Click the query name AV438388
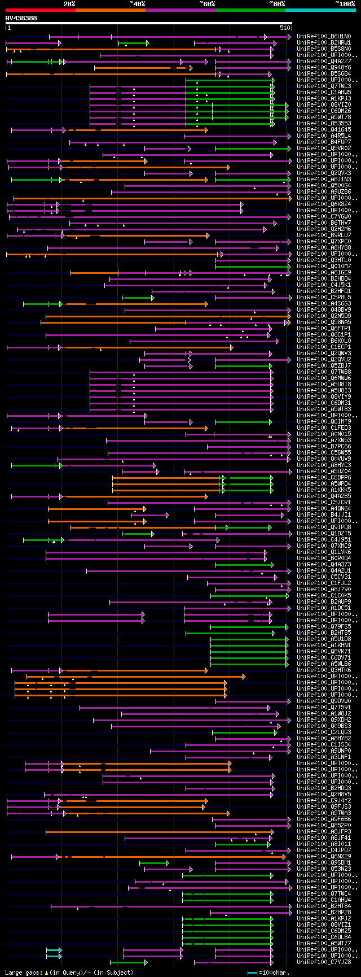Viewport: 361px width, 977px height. [21, 18]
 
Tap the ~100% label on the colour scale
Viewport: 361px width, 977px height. [344, 4]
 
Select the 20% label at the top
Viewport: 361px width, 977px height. [69, 4]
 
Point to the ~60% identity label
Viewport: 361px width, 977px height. [207, 4]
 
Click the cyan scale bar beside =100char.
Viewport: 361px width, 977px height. [252, 972]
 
